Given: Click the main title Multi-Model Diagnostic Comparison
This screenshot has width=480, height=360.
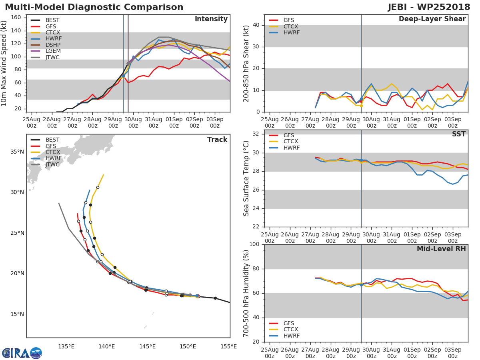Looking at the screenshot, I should click(x=94, y=7).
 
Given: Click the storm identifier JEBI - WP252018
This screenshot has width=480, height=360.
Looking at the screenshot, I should click(x=429, y=7).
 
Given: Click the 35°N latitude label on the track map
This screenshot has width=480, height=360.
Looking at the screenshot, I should click(x=17, y=152).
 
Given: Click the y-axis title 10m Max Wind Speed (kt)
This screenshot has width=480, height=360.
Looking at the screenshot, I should click(x=4, y=63).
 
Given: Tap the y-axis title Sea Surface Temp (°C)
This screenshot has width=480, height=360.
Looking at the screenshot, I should click(x=247, y=178).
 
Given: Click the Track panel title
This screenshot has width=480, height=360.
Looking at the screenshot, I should click(x=217, y=140).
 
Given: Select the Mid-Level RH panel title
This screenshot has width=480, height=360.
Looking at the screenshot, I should click(x=441, y=249).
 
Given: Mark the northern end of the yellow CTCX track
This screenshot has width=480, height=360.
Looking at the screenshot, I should click(x=104, y=174).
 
